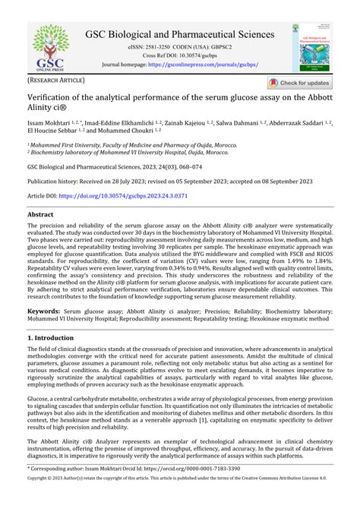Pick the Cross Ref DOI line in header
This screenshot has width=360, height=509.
point(180,55)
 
